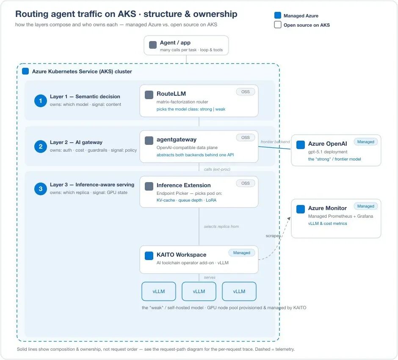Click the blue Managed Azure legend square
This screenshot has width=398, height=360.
tap(278, 15)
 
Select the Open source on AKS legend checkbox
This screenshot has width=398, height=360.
tap(278, 25)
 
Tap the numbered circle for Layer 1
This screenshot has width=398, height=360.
tap(40, 101)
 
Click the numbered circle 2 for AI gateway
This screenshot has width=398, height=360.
tap(40, 147)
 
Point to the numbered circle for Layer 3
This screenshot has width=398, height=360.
tap(40, 189)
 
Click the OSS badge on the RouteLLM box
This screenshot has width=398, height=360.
tap(245, 91)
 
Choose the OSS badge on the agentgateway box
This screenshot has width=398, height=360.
tap(245, 137)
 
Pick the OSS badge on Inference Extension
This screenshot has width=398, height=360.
tap(245, 183)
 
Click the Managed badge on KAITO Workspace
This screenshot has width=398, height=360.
tap(242, 252)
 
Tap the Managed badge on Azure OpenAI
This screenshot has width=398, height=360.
tap(365, 141)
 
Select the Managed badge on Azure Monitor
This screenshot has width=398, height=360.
tap(365, 206)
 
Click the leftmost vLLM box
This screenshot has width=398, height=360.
tap(159, 291)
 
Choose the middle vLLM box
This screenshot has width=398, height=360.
tap(199, 291)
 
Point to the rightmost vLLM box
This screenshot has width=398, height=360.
tap(239, 291)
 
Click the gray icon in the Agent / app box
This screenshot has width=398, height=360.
tap(153, 45)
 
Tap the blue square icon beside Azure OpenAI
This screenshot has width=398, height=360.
tap(301, 145)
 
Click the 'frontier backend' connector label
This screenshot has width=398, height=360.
tap(275, 141)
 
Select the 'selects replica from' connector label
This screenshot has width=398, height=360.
tap(221, 227)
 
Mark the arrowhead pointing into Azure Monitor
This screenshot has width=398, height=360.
tap(289, 219)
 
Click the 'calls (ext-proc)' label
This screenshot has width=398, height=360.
tap(217, 169)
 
